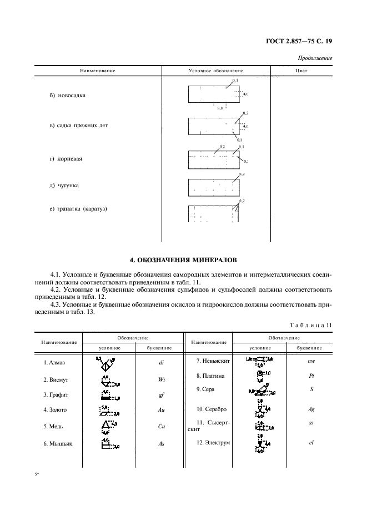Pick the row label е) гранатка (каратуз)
[x=78, y=209]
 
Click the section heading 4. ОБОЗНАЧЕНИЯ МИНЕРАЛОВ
[x=183, y=259]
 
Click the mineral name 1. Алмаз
[x=54, y=363]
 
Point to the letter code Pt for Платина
[x=311, y=376]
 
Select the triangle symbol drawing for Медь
[x=105, y=426]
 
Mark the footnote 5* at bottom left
[x=37, y=476]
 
